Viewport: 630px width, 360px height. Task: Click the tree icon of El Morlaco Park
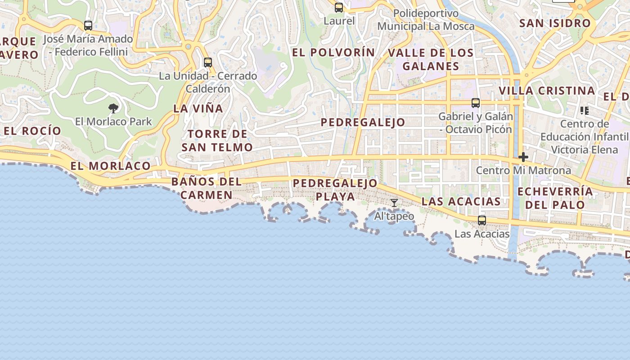113,108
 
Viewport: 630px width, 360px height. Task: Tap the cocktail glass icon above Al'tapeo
394,203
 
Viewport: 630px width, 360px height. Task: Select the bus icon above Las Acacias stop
482,220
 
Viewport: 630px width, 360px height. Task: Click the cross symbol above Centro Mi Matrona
523,157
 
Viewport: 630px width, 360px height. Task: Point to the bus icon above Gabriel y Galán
476,103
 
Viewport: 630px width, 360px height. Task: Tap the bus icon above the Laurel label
339,8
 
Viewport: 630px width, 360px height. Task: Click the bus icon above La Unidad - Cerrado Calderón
208,63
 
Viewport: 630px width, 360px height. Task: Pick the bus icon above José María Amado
88,26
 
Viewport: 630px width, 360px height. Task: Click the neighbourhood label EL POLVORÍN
333,53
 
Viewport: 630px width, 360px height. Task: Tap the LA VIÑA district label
198,108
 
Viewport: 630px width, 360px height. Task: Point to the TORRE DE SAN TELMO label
217,140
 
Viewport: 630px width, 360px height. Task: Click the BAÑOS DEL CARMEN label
207,189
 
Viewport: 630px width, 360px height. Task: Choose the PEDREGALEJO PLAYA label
335,190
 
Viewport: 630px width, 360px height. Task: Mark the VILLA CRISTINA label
547,90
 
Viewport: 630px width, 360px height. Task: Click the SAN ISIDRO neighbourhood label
555,23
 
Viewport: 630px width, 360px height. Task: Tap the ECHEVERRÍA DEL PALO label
555,198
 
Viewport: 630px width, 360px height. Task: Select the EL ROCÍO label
32,131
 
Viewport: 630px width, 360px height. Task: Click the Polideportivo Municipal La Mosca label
426,20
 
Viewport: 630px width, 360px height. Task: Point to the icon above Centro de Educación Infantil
585,110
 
